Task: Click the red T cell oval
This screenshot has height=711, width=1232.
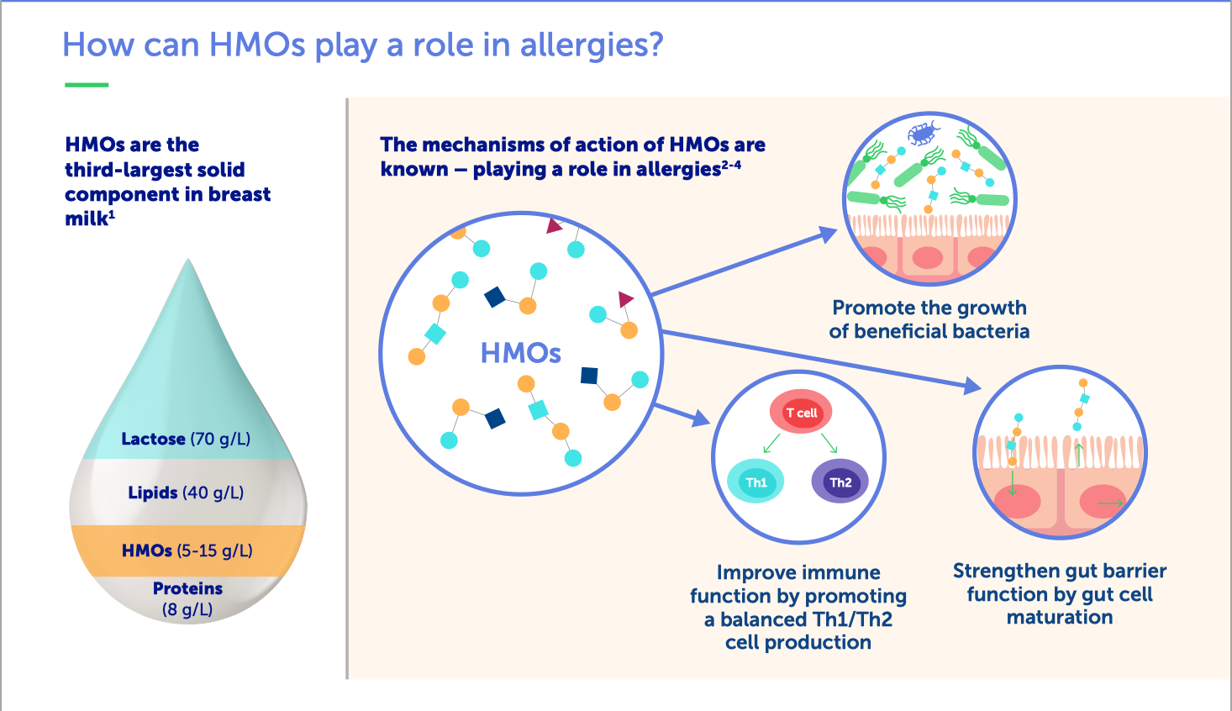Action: [800, 412]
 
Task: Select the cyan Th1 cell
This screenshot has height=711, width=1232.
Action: [756, 482]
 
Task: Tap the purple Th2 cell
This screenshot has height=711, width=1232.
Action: [840, 482]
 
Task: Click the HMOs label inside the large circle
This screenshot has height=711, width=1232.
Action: [520, 353]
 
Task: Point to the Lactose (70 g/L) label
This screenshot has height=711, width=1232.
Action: [186, 439]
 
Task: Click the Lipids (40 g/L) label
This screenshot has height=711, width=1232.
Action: [186, 492]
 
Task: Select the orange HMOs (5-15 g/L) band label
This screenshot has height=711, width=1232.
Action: [187, 550]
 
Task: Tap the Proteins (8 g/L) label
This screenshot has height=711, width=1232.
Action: [187, 599]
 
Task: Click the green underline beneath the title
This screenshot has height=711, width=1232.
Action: [87, 85]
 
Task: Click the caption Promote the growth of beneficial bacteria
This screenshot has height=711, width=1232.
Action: [929, 319]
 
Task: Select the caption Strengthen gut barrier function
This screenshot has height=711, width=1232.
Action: [1060, 594]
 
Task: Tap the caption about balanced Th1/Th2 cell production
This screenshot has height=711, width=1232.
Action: [798, 607]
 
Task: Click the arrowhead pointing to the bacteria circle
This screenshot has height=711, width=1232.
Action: [827, 234]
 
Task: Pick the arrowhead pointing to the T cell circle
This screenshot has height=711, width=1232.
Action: [701, 418]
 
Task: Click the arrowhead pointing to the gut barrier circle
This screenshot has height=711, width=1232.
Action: [972, 386]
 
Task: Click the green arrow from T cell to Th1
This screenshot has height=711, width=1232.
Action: [771, 443]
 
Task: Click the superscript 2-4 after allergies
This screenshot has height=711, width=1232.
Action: [731, 165]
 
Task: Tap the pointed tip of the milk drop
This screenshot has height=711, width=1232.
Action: [188, 259]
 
